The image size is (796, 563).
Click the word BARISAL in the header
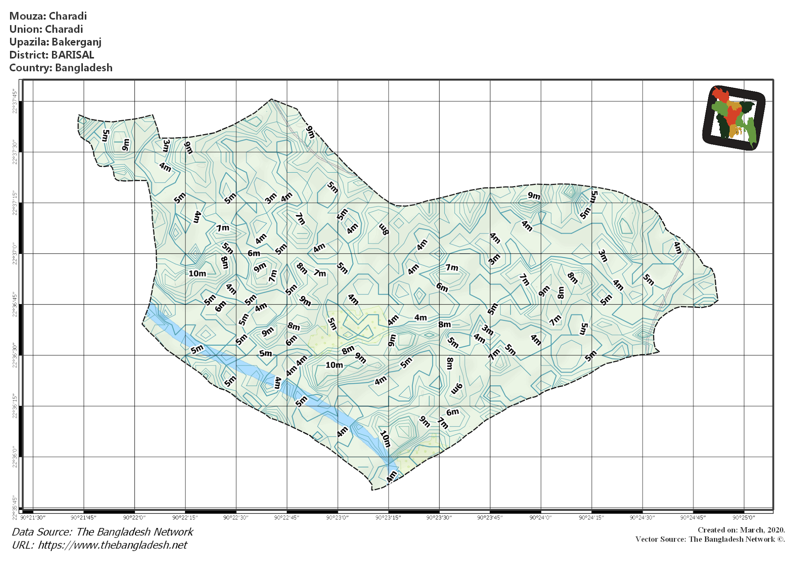pos(73,55)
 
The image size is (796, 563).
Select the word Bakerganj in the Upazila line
pos(77,42)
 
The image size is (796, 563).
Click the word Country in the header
pos(30,68)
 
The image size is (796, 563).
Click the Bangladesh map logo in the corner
pos(734,118)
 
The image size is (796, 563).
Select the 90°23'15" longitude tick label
pos(388,518)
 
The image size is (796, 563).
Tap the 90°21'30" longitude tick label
pos(33,518)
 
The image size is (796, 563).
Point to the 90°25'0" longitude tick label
pos(744,518)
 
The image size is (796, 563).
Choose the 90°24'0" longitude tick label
pos(540,518)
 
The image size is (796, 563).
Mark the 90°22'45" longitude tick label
pos(286,518)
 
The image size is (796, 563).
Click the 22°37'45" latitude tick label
pos(15,101)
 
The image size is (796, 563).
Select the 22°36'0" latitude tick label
pos(15,457)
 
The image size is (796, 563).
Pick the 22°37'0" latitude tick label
pos(15,254)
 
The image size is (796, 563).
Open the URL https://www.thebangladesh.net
pos(112,545)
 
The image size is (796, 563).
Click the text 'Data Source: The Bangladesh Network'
pos(103,532)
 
